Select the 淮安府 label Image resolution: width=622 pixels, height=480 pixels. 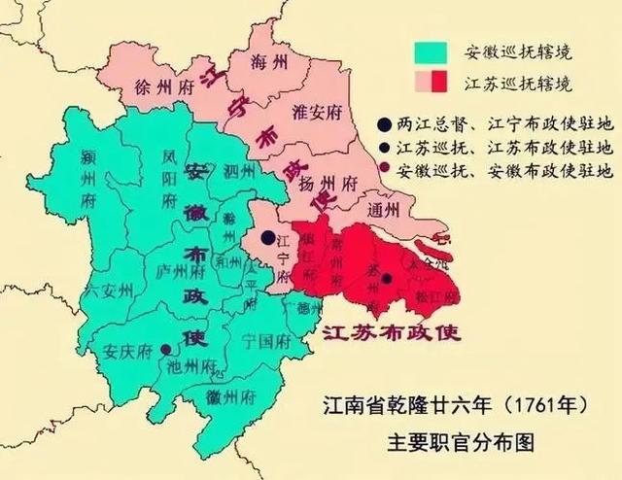click(x=318, y=112)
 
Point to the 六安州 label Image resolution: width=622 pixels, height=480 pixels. click(x=107, y=290)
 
